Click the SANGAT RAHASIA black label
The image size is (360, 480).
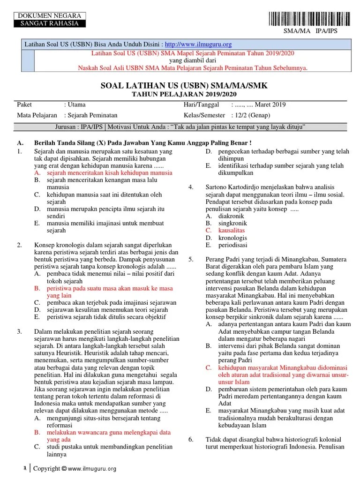coord(48,23)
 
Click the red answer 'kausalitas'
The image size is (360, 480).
coord(232,231)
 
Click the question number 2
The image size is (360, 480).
coord(19,245)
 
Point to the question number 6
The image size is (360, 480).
coord(191,440)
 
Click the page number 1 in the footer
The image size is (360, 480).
coord(25,468)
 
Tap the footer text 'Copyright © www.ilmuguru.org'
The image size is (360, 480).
coord(75,468)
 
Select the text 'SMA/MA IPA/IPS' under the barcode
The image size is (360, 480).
coord(310,31)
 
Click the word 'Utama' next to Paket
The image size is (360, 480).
coord(77,105)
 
